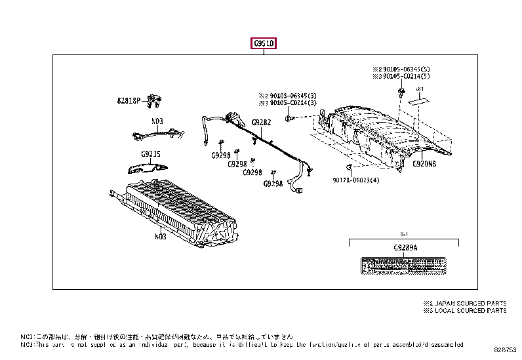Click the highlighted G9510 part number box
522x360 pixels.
click(x=263, y=44)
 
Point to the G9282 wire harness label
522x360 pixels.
click(x=261, y=123)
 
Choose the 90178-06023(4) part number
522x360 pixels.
click(x=355, y=180)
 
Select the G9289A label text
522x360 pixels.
click(x=405, y=248)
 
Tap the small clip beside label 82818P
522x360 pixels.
click(x=155, y=101)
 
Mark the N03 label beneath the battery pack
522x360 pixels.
click(x=160, y=236)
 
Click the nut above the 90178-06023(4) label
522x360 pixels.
click(x=350, y=168)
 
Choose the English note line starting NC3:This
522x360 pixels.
click(x=243, y=344)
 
